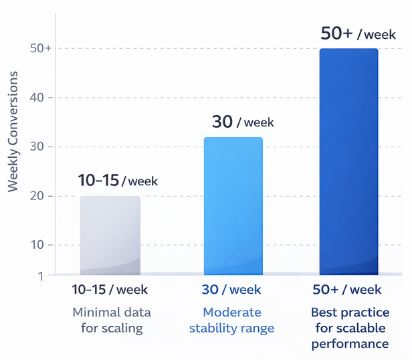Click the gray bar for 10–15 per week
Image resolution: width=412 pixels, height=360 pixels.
click(x=110, y=235)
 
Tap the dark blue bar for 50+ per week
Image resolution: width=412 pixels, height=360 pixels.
click(x=348, y=161)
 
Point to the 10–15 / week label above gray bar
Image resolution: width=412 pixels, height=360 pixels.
click(x=118, y=181)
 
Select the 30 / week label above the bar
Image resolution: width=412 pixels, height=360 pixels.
click(x=243, y=122)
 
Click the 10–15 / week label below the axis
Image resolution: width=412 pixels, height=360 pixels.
click(x=110, y=290)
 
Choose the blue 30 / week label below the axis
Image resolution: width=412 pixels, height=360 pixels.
click(x=231, y=290)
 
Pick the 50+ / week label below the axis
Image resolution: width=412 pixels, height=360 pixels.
click(x=347, y=290)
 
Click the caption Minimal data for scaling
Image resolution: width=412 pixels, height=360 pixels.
click(x=111, y=320)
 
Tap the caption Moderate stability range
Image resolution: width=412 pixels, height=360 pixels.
click(x=231, y=320)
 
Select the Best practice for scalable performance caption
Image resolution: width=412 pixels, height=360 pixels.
click(x=350, y=328)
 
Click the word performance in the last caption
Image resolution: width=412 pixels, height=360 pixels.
click(x=350, y=343)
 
